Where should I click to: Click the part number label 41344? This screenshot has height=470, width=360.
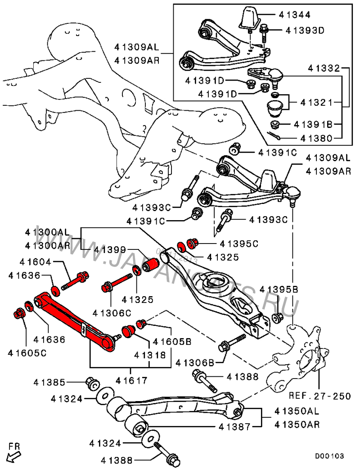(x=295, y=14)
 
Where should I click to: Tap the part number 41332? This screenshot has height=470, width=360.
(x=324, y=68)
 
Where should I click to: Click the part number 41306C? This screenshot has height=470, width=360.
(x=112, y=312)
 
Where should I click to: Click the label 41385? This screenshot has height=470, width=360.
(x=49, y=383)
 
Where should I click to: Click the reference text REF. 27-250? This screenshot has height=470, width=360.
(x=319, y=396)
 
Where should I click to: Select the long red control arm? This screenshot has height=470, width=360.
(x=74, y=319)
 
